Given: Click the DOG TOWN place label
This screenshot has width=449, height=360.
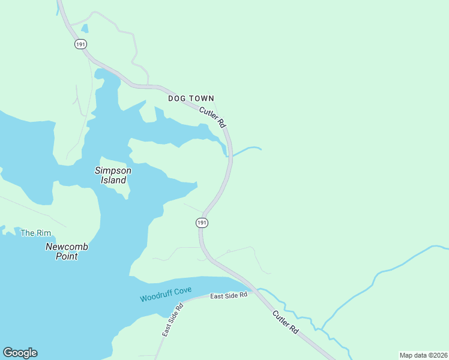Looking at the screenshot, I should click(x=191, y=98).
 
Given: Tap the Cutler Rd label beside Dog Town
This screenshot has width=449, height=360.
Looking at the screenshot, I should click(x=212, y=116).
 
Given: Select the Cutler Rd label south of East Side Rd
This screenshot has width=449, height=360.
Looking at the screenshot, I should click(x=285, y=322).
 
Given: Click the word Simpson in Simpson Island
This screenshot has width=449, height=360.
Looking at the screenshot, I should click(x=113, y=170).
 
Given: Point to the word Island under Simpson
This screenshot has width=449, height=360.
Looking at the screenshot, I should click(x=113, y=180).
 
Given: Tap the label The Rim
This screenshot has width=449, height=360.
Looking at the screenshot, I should click(x=35, y=233).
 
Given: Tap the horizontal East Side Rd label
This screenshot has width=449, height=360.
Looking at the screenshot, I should click(x=229, y=296).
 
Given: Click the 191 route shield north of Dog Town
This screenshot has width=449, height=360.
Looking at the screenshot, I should click(x=81, y=44).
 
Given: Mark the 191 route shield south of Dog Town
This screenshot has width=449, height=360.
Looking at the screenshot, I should click(x=202, y=223).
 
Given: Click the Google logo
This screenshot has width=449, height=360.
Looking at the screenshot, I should click(x=20, y=353).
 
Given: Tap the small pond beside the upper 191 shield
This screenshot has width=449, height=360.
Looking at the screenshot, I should click(x=85, y=28).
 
